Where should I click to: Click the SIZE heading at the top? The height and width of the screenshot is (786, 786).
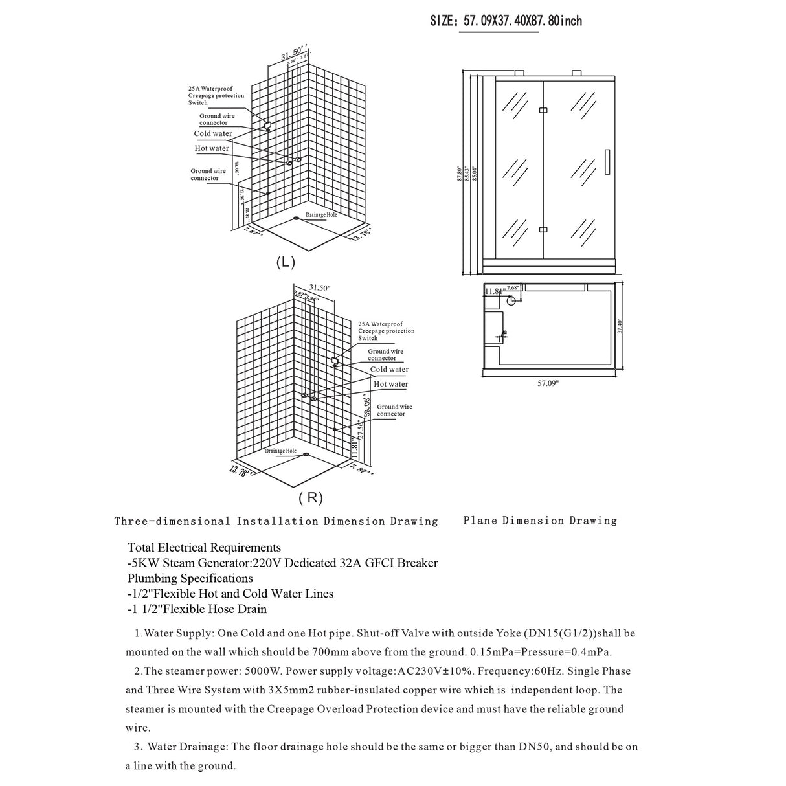click(506, 21)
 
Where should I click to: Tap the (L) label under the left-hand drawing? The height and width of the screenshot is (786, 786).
click(286, 262)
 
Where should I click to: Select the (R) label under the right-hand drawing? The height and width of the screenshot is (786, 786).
click(311, 498)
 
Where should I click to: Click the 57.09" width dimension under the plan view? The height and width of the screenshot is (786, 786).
click(548, 383)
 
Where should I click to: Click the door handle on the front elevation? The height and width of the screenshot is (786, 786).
click(607, 162)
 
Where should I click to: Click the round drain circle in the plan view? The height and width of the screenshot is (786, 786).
click(511, 300)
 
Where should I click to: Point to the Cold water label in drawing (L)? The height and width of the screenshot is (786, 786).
click(213, 134)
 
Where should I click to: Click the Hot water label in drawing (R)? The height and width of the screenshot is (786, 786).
click(390, 384)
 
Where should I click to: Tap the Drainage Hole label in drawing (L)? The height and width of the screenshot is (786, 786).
click(321, 215)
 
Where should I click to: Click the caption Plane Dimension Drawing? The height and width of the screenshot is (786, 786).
click(540, 521)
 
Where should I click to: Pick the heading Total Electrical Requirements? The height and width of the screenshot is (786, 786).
click(204, 548)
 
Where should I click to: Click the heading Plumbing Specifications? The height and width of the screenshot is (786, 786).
click(190, 578)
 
